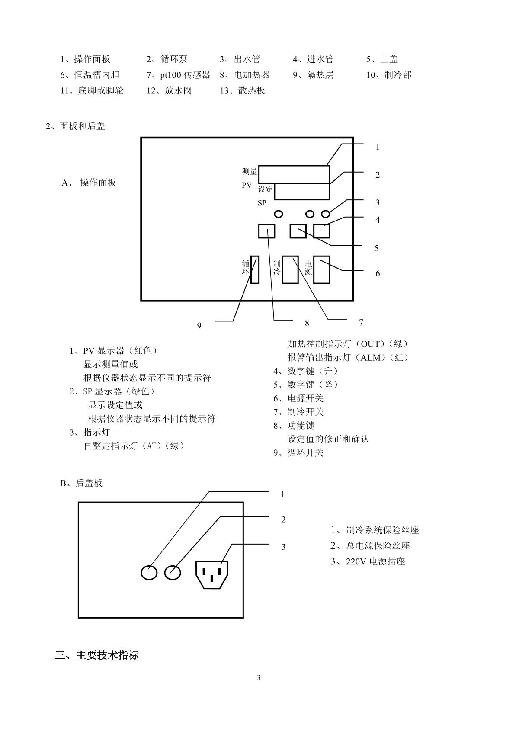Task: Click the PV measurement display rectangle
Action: click(294, 174)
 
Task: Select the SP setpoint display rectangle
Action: click(302, 192)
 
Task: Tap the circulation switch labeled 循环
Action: click(255, 269)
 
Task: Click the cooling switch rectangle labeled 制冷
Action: click(290, 269)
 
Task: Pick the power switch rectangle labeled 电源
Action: click(321, 269)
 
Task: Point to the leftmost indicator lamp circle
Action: click(279, 214)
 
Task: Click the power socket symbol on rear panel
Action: click(212, 574)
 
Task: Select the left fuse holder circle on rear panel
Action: click(149, 573)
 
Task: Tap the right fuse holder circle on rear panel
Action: click(173, 573)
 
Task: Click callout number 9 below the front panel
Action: click(199, 325)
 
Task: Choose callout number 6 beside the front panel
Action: click(378, 273)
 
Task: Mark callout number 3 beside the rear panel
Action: click(283, 547)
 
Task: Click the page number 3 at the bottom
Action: click(259, 677)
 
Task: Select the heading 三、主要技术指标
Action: click(97, 655)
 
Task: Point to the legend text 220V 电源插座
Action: click(375, 561)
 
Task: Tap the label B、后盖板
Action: click(81, 483)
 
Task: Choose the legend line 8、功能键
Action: click(294, 426)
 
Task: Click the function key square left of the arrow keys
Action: click(267, 231)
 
